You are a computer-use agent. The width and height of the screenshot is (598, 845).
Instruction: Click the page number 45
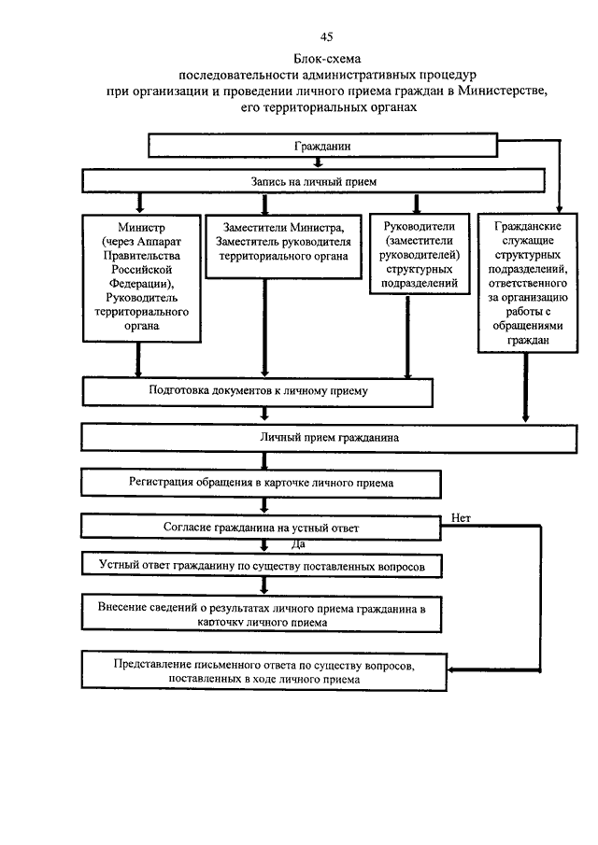pos(326,37)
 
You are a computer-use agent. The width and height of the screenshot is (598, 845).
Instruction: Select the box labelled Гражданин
pos(322,148)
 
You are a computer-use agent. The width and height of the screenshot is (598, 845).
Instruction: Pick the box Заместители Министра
pos(281,246)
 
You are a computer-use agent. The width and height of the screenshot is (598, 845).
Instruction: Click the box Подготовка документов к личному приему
pos(259,392)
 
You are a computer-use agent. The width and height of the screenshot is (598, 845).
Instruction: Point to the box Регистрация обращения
pos(261,483)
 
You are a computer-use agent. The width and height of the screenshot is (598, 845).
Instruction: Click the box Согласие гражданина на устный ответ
pos(260,528)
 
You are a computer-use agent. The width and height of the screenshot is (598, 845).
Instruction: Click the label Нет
pos(460,515)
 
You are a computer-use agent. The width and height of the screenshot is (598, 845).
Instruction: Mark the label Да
pos(298,543)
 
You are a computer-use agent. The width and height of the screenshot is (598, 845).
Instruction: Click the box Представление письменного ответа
pos(261,673)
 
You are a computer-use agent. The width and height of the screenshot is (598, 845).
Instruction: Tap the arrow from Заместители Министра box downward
pos(264,327)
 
